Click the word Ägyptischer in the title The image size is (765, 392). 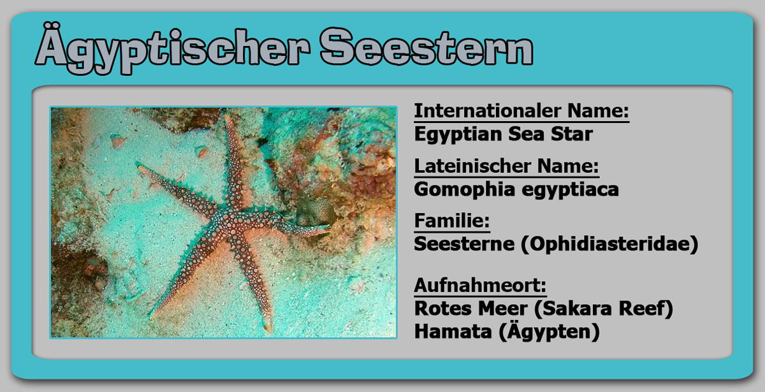[173, 48]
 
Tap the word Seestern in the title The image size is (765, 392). [426, 47]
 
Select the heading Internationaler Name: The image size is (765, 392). [521, 111]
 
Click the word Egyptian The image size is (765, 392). [458, 134]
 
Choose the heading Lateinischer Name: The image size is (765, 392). [506, 166]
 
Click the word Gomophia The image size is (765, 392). [464, 189]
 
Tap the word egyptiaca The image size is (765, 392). [571, 190]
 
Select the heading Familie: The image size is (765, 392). [452, 221]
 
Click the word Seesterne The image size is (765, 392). [464, 243]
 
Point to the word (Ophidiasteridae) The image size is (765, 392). [609, 245]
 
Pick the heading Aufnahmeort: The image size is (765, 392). [480, 286]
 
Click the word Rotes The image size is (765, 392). [442, 309]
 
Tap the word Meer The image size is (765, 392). [502, 309]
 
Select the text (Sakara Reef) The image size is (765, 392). [604, 309]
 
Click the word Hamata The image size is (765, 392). [453, 331]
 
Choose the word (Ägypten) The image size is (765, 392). [549, 331]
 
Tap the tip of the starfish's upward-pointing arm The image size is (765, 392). [226, 117]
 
